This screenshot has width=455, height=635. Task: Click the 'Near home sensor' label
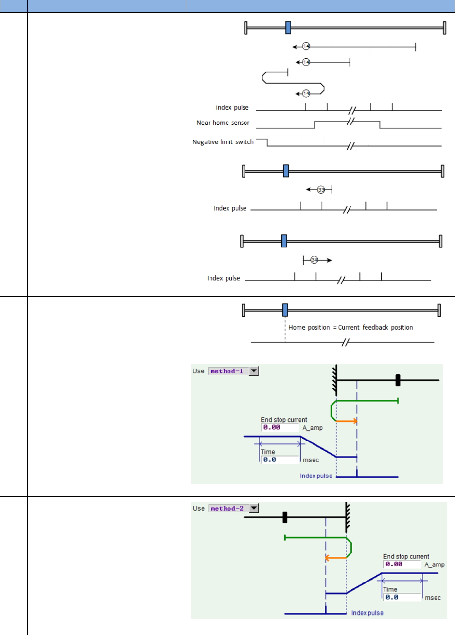[x=223, y=123]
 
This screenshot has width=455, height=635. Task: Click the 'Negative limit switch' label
[x=223, y=142]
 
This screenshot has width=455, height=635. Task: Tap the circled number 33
[x=321, y=190]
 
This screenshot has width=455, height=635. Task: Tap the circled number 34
[x=314, y=260]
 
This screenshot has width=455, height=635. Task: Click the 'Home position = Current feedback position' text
[x=350, y=328]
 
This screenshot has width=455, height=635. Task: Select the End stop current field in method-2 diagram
[x=402, y=564]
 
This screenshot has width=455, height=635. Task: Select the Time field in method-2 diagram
[x=402, y=597]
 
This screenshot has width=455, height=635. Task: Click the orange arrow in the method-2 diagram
[x=335, y=558]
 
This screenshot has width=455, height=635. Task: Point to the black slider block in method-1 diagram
[x=398, y=380]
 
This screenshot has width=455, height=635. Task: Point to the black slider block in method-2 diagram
[x=285, y=517]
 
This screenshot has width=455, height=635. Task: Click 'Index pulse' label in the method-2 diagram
[x=367, y=613]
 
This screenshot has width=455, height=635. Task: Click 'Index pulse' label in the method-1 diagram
[x=316, y=476]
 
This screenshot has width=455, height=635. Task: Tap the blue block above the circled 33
[x=286, y=171]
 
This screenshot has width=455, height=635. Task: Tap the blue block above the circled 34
[x=284, y=241]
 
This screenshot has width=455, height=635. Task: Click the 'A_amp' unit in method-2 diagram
[x=435, y=565]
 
